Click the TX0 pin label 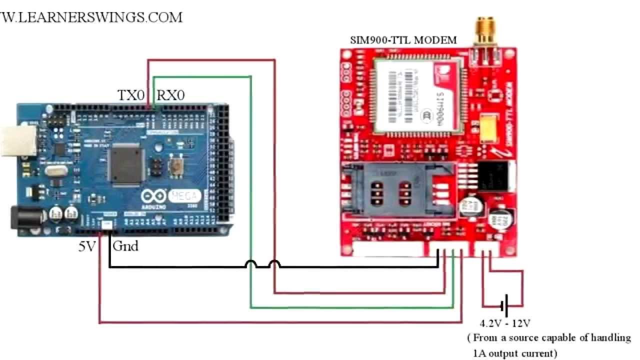(131, 95)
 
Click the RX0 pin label (170, 95)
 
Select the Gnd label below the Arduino (125, 246)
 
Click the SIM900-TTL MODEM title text (402, 40)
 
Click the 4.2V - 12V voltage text (505, 323)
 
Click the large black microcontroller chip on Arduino (127, 163)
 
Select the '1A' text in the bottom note (479, 353)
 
